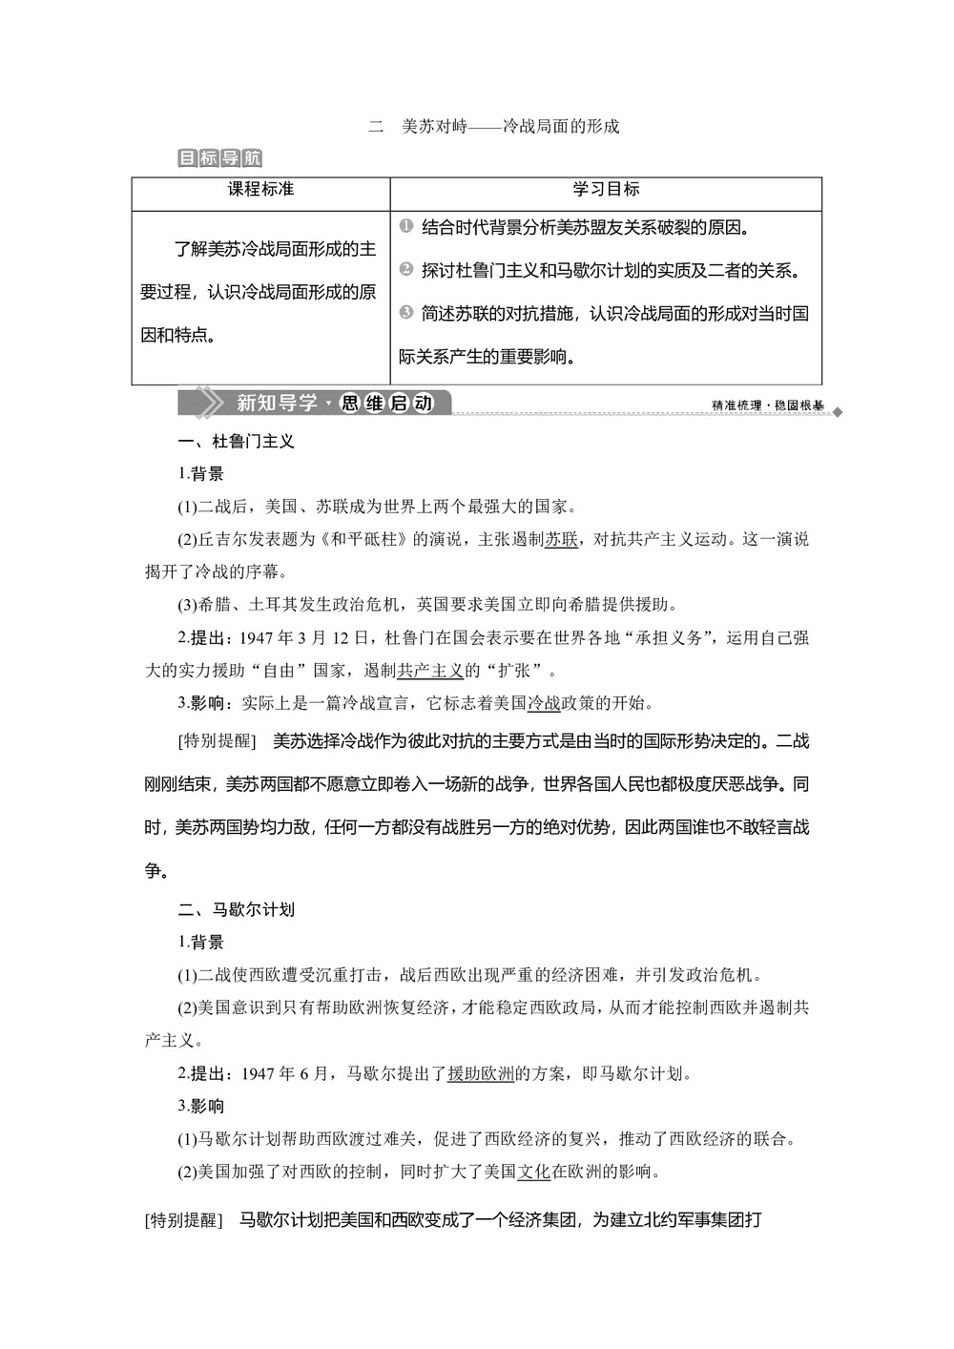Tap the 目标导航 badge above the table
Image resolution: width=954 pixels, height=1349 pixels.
point(219,158)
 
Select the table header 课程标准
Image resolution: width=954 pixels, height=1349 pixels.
point(260,189)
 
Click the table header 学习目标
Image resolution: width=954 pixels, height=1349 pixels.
point(606,189)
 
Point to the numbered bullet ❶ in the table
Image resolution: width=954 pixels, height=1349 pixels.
point(405,226)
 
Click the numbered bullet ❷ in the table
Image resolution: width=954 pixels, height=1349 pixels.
point(405,269)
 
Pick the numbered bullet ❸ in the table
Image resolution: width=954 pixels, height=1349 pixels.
point(405,312)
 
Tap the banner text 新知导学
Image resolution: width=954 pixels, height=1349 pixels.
point(277,403)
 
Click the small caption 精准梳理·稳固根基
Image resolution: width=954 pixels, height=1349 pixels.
point(768,405)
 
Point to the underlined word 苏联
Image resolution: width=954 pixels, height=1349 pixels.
point(561,539)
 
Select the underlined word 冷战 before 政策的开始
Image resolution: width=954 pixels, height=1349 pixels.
point(544,703)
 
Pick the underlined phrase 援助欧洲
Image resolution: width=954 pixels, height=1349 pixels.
point(481,1073)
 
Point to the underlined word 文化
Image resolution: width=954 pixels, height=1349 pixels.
point(533,1172)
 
